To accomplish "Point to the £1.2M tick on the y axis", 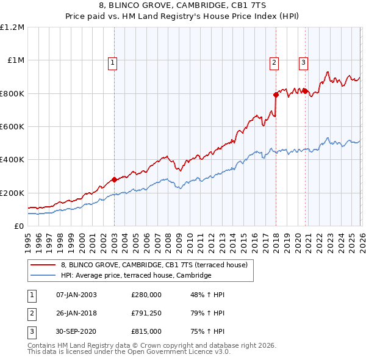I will [x=12, y=27].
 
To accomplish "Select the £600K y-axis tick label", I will [x=12, y=126].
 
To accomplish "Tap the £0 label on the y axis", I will [x=19, y=226].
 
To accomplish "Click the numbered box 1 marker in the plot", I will [x=113, y=62].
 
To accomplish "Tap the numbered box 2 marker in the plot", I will [x=274, y=62].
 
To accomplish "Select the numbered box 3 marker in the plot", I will [x=303, y=62].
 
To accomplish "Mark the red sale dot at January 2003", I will [x=114, y=179].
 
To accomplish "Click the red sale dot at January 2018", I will [x=276, y=95].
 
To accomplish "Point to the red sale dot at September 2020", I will [x=305, y=91].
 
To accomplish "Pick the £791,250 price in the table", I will [x=146, y=313].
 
